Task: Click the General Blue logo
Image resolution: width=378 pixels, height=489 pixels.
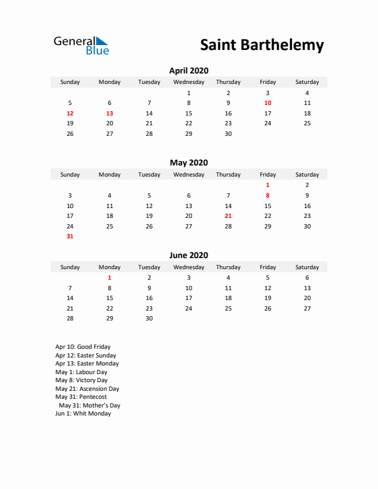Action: [81, 45]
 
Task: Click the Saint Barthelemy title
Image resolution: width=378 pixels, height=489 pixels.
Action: [262, 45]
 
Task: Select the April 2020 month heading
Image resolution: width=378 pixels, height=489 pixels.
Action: [188, 70]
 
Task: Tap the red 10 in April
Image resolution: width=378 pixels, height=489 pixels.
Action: [267, 103]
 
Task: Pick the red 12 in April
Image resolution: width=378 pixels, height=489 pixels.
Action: [70, 114]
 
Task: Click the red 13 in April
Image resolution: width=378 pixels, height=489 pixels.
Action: [109, 114]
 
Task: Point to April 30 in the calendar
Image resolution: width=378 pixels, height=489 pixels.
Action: [228, 133]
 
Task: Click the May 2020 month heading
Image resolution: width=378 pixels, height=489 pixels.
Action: [188, 162]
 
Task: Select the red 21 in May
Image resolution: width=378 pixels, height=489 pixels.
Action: [228, 216]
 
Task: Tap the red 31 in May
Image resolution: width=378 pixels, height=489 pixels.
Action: [70, 236]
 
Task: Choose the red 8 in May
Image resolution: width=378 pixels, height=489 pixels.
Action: [267, 195]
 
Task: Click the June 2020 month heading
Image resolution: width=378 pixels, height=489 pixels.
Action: [188, 255]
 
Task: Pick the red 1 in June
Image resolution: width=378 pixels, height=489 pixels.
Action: [109, 278]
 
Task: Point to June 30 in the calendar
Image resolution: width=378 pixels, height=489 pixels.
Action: [149, 319]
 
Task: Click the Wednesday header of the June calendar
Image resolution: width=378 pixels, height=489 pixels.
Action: [188, 267]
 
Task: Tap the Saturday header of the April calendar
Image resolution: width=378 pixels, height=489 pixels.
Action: [307, 82]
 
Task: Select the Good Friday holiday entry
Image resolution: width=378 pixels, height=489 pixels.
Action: [83, 347]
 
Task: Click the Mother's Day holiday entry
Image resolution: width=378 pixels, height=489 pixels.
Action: [89, 406]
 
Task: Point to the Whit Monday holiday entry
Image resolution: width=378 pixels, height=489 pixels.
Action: [83, 414]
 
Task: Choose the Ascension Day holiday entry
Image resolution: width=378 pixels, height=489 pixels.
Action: [87, 389]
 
